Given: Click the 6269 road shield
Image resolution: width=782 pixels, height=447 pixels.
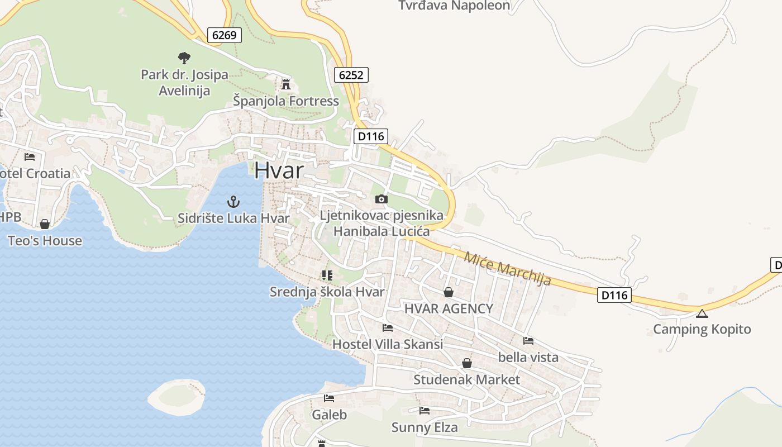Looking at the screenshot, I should coord(225,35).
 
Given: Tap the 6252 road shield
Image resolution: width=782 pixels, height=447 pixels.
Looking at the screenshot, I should coord(352,74).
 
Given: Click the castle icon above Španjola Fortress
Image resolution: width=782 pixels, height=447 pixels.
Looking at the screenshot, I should coord(286,84).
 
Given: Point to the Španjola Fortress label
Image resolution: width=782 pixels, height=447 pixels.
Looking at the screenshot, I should coord(286,101).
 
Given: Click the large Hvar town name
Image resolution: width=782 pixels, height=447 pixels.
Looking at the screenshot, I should coord(279,171).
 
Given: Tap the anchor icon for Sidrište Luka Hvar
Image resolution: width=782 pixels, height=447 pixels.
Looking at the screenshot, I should coord(233,202).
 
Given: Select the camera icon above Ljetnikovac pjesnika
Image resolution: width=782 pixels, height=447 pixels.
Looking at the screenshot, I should coord(381,199).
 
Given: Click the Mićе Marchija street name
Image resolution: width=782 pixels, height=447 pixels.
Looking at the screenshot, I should coord(507,268).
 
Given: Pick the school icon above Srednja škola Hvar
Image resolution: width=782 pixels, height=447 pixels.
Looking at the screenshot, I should coord(327,275).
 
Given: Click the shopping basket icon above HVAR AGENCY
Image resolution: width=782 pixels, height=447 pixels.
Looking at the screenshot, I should coord(448,292).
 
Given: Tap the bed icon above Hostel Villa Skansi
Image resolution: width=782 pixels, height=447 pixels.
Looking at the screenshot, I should coord(387,327).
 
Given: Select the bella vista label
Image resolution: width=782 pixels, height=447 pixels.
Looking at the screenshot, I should coord(528,357).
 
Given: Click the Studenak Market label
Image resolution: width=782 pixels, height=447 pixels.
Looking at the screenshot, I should coord(466,380).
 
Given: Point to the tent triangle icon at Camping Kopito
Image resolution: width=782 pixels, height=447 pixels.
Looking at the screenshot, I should coord(702,313).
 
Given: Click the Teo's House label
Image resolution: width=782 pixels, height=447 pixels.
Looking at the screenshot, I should coord(45,241).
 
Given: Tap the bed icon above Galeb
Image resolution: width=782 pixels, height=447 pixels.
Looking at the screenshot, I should coord(329,398).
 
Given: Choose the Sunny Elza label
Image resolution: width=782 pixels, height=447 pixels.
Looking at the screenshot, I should coord(425,427).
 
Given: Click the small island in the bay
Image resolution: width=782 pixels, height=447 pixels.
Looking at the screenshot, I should coord(176,396).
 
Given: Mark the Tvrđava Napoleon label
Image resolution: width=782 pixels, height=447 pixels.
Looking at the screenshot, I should coord(454,6).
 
